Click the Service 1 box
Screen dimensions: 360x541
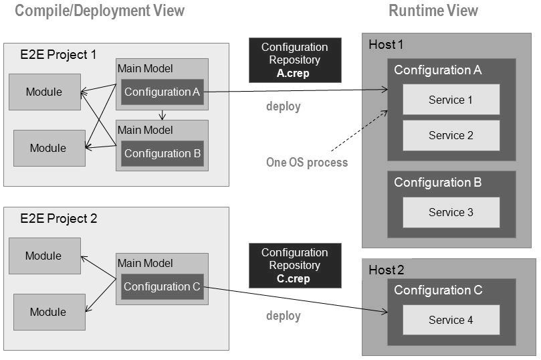pos(451,100)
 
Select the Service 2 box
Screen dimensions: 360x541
pos(451,135)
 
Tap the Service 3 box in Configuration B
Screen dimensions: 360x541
pos(451,212)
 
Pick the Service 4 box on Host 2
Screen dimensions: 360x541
pos(451,320)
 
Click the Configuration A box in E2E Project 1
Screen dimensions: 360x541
pos(162,92)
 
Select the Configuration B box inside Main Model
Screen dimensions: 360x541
pos(162,153)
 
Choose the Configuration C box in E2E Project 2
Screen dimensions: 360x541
pos(162,286)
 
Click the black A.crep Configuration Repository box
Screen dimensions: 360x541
pos(294,60)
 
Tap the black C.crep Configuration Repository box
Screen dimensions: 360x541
pos(294,265)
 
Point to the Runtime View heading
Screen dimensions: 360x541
pos(434,10)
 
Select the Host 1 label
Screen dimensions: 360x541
pos(386,45)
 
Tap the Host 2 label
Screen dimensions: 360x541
pos(386,270)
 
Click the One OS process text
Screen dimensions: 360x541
pos(306,163)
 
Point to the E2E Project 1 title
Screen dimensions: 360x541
pos(59,55)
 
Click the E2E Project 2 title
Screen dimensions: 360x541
pos(59,219)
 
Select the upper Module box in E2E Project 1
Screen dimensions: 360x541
pos(44,92)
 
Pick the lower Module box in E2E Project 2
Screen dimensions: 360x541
pos(48,312)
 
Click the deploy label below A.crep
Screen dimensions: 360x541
pos(284,106)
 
